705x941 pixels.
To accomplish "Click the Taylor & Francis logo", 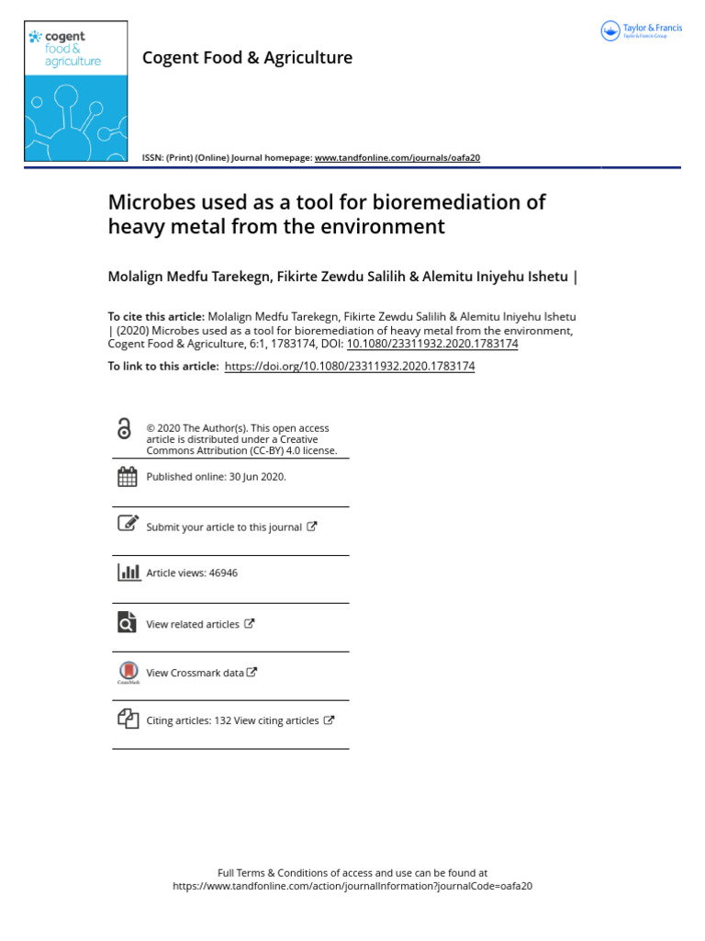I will pos(642,31).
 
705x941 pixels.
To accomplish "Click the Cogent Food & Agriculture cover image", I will pos(64,90).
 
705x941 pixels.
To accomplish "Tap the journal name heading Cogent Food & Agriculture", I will pos(247,58).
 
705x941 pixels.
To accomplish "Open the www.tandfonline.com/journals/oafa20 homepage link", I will pos(397,158).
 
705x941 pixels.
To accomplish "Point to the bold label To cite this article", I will pos(156,317).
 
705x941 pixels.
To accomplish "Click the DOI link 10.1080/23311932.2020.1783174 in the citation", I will pos(432,344).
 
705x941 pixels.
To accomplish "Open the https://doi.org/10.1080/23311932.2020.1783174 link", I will pos(350,366).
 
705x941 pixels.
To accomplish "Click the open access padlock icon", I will pos(125,427).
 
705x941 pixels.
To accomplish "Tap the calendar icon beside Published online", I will pos(128,476).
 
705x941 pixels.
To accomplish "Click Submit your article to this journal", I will pos(224,527).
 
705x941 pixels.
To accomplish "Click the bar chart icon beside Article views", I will pos(128,573).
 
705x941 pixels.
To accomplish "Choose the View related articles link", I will pos(193,624).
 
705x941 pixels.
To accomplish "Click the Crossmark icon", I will pos(128,672).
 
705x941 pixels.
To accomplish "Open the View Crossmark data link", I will pos(196,673).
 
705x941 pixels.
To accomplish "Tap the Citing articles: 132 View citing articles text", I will pos(232,721).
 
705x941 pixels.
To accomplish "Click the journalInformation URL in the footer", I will pos(352,887).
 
